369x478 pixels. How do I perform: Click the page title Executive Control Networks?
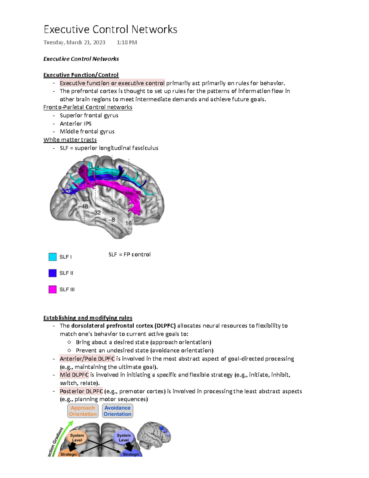(110, 30)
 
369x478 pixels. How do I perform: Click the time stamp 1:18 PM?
(127, 42)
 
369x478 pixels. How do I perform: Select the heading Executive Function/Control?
(81, 75)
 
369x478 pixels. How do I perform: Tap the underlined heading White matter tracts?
(70, 140)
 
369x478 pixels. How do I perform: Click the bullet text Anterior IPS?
(76, 123)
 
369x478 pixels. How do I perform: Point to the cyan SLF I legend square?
(53, 257)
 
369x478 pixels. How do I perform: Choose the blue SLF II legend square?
(53, 273)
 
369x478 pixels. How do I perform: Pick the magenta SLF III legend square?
(53, 289)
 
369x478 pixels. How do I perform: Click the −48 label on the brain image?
(83, 207)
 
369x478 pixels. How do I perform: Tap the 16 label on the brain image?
(129, 223)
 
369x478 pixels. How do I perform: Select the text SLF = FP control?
(129, 255)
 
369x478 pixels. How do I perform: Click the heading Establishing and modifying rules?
(88, 318)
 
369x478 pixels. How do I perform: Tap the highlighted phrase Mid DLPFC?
(74, 375)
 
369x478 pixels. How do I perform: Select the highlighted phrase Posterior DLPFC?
(81, 391)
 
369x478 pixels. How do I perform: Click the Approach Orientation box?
(83, 411)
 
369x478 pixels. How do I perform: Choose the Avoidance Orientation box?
(117, 411)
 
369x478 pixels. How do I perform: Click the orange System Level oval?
(77, 438)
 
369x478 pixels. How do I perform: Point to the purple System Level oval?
(124, 438)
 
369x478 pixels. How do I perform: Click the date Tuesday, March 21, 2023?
(74, 42)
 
